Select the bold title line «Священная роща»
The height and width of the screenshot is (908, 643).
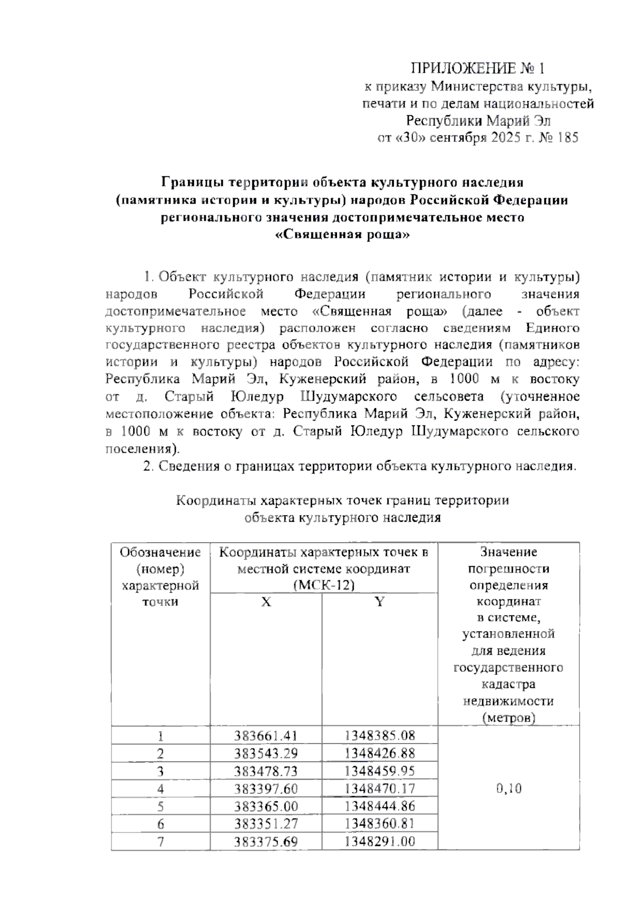(343, 235)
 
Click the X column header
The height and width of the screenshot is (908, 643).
(266, 602)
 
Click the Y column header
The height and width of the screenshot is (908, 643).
(379, 602)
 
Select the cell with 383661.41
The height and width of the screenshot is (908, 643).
(266, 736)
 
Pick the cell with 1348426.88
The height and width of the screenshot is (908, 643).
(379, 754)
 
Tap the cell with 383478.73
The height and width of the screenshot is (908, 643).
(266, 771)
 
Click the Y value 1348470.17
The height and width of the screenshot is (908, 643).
(379, 789)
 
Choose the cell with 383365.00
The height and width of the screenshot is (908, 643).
(266, 806)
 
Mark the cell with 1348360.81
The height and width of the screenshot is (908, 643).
(379, 823)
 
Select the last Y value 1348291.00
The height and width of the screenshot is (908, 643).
(379, 841)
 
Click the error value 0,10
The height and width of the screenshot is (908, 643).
(509, 789)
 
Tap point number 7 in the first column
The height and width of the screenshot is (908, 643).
(160, 842)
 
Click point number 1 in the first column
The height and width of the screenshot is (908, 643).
(160, 737)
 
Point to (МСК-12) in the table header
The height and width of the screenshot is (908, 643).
(324, 586)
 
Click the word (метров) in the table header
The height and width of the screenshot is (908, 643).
(508, 718)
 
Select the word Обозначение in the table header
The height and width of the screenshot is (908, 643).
(160, 552)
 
